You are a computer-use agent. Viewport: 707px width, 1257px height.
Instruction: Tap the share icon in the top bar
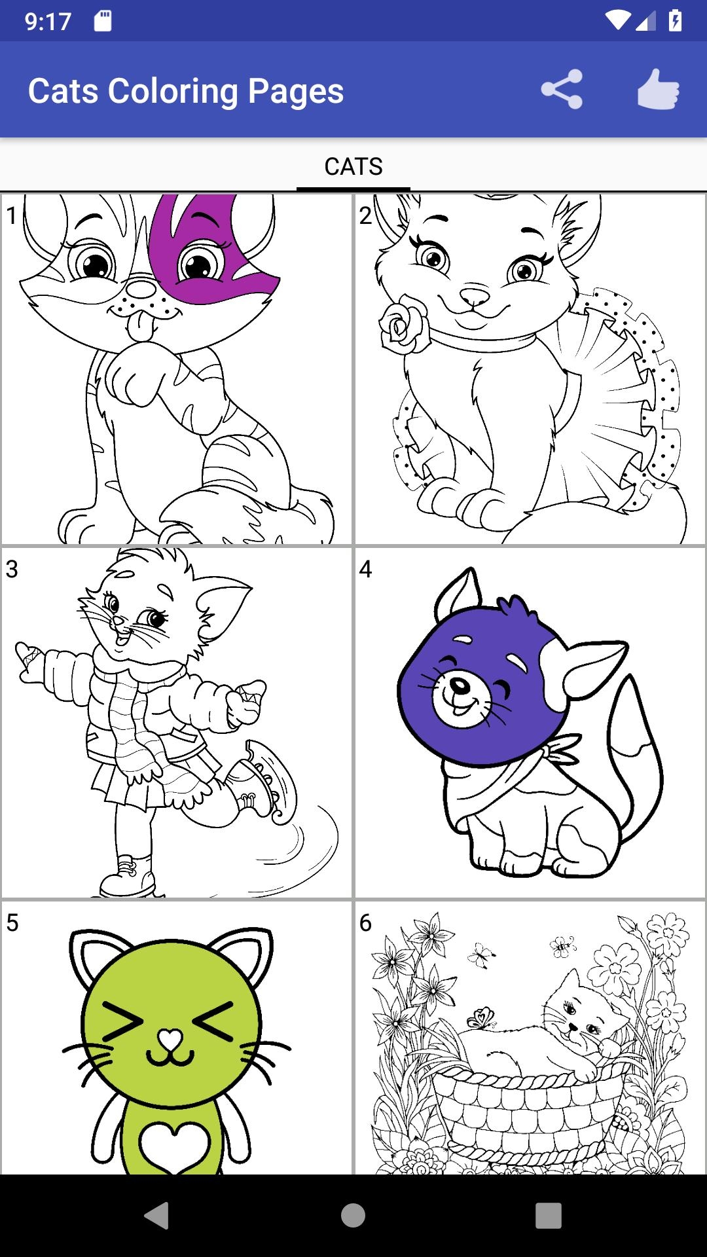pos(562,90)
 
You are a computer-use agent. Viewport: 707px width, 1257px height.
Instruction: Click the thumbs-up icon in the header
pos(658,90)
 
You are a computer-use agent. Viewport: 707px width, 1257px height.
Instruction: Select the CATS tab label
pos(353,166)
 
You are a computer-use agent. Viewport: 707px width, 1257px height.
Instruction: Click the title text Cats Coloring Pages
pos(186,91)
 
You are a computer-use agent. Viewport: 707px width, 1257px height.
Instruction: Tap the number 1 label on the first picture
pos(11,215)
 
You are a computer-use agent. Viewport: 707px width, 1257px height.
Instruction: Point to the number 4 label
pos(365,569)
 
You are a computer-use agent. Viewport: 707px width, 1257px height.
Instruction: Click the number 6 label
pos(365,922)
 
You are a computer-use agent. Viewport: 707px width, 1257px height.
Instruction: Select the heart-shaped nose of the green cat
pos(170,1038)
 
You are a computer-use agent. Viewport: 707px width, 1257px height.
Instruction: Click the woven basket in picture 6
pos(530,1113)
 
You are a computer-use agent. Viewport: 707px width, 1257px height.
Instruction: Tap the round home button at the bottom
pos(353,1216)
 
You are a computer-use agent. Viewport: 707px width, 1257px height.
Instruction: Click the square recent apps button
pos(549,1216)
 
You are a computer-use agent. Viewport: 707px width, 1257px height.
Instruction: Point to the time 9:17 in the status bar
pos(48,22)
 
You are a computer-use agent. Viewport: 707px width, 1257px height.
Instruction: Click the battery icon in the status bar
pos(676,21)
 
